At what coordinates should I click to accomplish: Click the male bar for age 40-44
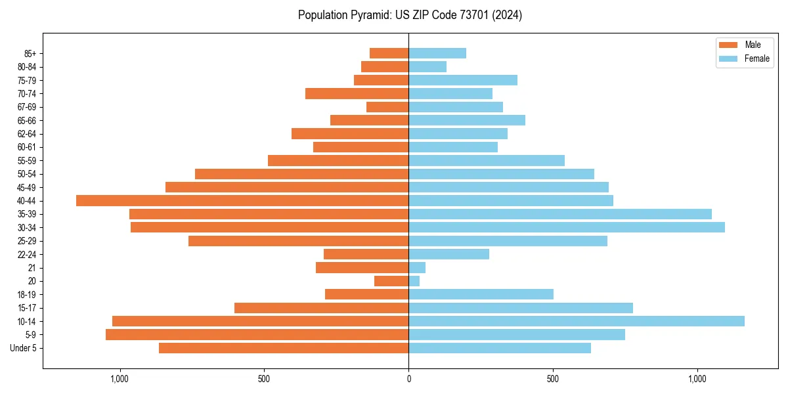coord(242,200)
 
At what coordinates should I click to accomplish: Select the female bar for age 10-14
coord(577,321)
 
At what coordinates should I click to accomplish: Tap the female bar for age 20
coord(414,281)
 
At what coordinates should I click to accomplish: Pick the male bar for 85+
coord(389,53)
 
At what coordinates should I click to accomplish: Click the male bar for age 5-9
coord(257,334)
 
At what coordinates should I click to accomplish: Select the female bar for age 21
coord(417,267)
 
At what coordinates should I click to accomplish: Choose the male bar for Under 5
coord(284,348)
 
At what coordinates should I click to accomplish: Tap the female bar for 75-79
coord(463,80)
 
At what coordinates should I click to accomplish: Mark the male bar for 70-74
coord(357,93)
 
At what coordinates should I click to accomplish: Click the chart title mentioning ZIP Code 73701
coord(410,15)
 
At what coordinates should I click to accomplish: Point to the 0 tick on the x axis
coord(408,379)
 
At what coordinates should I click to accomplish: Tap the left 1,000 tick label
coord(119,379)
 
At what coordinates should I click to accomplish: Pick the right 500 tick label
coord(553,379)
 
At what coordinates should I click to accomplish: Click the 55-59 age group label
coord(27,160)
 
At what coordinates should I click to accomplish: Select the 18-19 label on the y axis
coord(27,294)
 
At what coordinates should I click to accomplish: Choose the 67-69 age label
coord(27,107)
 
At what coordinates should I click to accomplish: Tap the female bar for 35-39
coord(560,214)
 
